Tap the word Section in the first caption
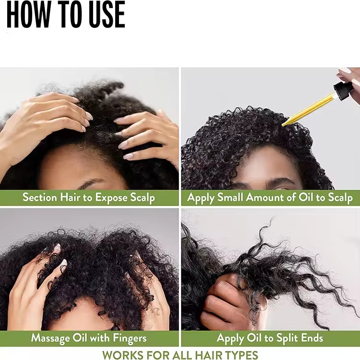39,197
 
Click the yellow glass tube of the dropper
307,109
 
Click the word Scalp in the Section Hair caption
143,197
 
